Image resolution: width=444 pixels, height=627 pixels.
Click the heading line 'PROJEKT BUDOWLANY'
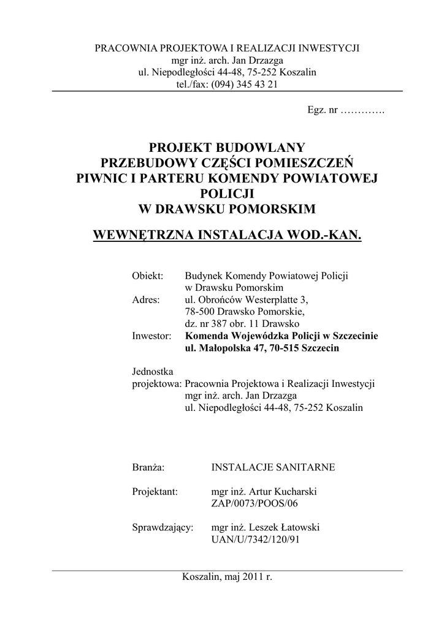[227, 147]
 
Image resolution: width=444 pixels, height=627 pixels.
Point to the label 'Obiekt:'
[147, 276]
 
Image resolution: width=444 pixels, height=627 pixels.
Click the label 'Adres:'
[146, 299]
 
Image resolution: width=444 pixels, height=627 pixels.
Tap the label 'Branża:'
[148, 467]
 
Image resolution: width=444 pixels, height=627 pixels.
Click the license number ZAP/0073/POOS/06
[250, 503]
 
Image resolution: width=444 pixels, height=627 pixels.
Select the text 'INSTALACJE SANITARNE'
[273, 467]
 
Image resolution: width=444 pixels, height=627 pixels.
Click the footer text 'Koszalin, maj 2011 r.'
[227, 577]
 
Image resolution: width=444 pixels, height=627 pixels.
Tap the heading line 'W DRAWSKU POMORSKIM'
[227, 209]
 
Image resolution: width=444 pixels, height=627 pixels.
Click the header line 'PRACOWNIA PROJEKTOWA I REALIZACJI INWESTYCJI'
[227, 48]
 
